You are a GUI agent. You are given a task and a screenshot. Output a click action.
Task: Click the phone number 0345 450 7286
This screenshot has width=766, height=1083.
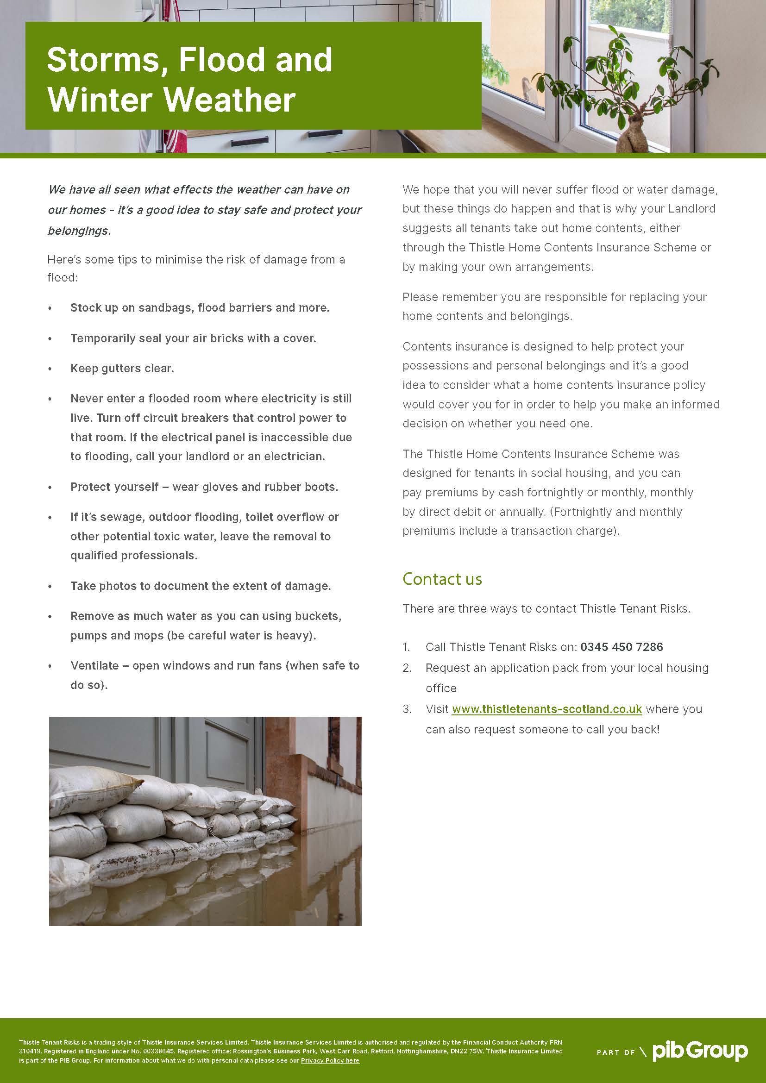[x=621, y=647]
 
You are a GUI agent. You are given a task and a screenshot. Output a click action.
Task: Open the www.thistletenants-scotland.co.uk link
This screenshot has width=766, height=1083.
[x=546, y=709]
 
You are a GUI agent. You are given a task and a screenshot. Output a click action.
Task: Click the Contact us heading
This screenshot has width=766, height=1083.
[x=442, y=579]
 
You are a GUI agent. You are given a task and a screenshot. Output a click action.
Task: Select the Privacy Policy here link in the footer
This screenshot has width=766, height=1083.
[x=330, y=1060]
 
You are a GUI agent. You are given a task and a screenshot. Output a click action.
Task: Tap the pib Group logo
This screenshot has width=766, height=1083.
[x=700, y=1052]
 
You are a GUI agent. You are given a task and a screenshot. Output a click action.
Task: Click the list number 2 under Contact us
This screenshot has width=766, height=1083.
[x=407, y=668]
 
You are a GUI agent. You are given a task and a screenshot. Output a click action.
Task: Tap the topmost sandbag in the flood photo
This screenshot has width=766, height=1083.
[x=94, y=778]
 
